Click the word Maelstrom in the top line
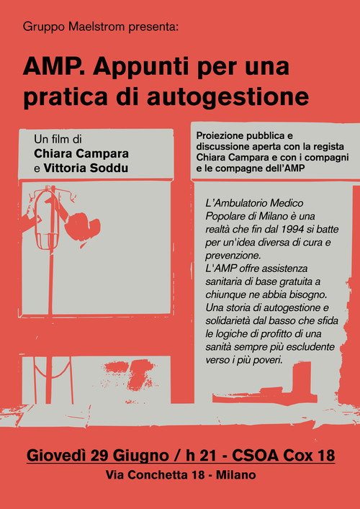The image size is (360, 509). pos(96,27)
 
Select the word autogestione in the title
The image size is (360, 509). pos(228,98)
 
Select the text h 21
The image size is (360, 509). pos(199,456)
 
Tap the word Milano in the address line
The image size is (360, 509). pos(235,475)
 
